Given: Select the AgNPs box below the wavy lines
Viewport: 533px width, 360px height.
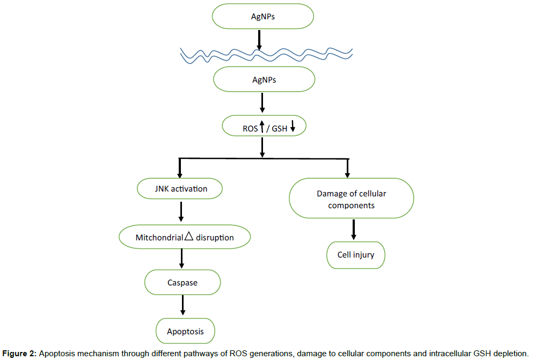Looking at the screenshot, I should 264,80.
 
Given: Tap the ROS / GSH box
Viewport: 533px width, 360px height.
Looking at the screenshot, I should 264,128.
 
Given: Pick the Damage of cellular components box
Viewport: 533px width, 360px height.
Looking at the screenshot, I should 352,199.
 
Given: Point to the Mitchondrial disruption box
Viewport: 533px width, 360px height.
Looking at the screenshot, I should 185,237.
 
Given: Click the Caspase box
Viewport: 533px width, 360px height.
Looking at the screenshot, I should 182,282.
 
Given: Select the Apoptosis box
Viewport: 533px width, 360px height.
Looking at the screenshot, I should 185,331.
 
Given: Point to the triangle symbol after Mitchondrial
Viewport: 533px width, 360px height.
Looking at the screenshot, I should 188,236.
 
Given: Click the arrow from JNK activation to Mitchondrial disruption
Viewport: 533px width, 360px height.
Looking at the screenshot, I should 181,212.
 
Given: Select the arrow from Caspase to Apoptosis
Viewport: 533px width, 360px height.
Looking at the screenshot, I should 183,305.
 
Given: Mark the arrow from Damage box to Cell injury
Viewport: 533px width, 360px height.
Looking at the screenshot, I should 354,230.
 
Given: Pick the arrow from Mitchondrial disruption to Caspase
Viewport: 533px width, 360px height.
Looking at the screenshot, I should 182,259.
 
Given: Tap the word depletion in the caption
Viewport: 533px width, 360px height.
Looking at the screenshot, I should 509,353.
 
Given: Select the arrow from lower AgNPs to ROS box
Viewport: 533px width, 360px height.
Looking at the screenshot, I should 262,103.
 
